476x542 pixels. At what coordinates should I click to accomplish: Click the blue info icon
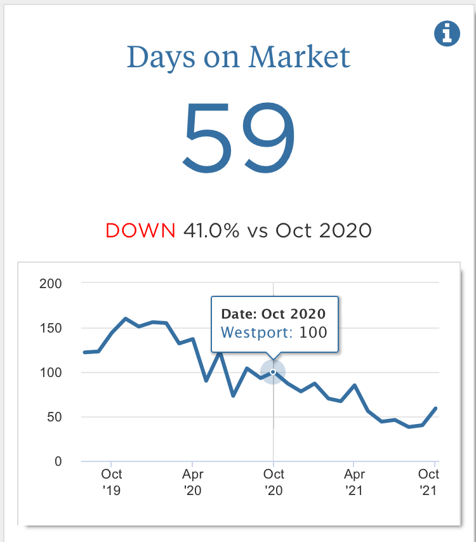(x=447, y=33)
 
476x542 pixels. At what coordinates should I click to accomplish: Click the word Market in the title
(x=299, y=56)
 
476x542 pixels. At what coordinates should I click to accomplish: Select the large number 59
(x=239, y=142)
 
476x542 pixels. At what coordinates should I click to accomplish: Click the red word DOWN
(x=140, y=230)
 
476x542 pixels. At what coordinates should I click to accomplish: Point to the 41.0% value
(x=211, y=230)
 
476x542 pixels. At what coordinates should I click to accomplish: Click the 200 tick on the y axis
(x=51, y=284)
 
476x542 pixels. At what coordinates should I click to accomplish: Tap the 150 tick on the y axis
(x=51, y=328)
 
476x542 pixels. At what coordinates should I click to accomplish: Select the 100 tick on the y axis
(x=51, y=373)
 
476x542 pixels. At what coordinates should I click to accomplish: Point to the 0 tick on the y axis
(x=58, y=461)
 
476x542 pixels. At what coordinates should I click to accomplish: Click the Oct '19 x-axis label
(x=112, y=482)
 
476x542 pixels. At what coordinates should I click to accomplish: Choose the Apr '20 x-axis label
(x=192, y=482)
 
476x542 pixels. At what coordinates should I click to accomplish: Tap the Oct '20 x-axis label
(x=274, y=482)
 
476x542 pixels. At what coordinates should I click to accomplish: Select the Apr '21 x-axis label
(x=354, y=482)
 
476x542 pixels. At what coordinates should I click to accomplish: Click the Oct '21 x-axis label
(x=430, y=482)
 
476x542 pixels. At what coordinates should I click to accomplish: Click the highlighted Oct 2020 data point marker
(x=273, y=372)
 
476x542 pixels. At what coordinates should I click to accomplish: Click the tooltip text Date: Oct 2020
(x=273, y=314)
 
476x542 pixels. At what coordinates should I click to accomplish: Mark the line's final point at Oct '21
(x=436, y=409)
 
